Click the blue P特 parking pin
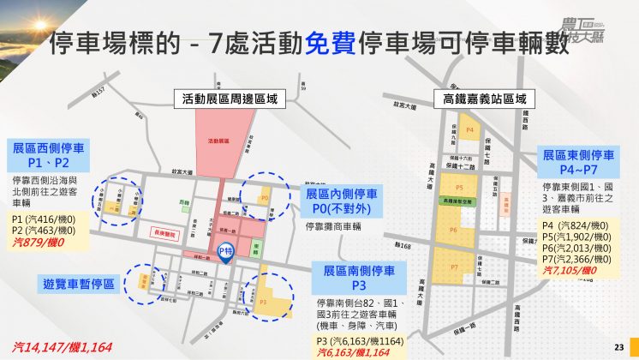[x=226, y=252]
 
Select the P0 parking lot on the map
[x=264, y=198]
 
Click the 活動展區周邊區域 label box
[x=230, y=99]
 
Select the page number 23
[x=619, y=346]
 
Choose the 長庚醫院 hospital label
[x=163, y=231]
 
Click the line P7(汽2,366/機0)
[x=577, y=259]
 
